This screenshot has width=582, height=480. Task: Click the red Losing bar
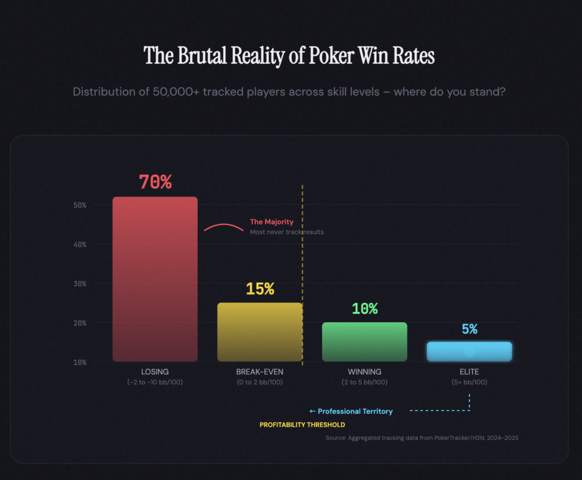click(x=155, y=278)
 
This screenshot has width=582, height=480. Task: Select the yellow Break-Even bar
click(x=259, y=332)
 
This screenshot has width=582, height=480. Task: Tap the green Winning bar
click(x=364, y=342)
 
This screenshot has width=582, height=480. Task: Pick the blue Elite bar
click(x=469, y=351)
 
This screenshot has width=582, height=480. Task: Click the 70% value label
click(x=155, y=182)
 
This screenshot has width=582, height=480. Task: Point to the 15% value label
click(x=260, y=289)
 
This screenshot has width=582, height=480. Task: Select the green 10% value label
click(x=364, y=309)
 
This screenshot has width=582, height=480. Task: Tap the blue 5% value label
click(x=469, y=329)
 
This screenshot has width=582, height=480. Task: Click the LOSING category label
click(x=155, y=372)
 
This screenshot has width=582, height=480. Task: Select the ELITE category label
click(x=469, y=372)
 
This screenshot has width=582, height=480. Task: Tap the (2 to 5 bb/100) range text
click(x=364, y=382)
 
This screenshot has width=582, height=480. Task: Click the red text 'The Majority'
click(x=272, y=222)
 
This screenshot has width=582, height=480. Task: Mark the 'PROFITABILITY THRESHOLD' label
click(x=302, y=424)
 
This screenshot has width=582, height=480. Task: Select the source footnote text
click(x=422, y=438)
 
